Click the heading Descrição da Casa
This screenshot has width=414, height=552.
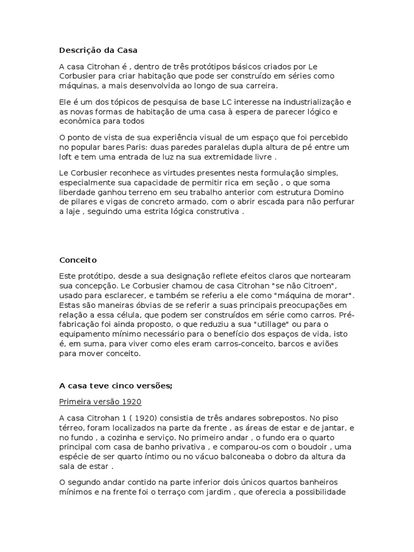(98, 51)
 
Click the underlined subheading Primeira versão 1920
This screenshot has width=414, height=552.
(101, 402)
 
